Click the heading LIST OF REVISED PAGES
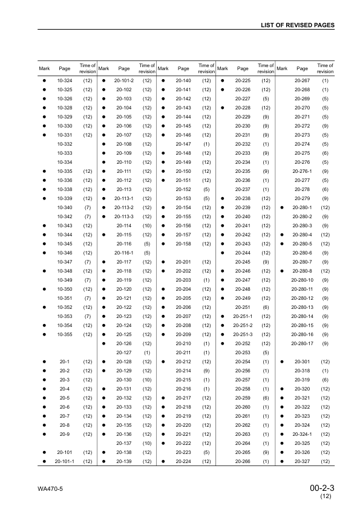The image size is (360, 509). (297, 25)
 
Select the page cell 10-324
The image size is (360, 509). (64, 80)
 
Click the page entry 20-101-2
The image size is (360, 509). (124, 80)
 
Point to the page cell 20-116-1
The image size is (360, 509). (124, 253)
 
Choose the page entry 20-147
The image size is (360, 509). (183, 144)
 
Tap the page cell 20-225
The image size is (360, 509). (243, 80)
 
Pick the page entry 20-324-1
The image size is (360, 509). (302, 434)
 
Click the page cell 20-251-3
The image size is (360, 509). (243, 334)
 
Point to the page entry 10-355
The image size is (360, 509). (64, 334)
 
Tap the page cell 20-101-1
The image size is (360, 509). (64, 461)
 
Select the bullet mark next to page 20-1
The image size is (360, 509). (44, 361)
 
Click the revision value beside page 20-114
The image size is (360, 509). (147, 225)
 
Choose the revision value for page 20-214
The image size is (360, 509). (206, 371)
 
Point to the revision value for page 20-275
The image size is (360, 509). (326, 153)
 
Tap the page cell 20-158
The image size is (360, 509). (183, 244)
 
